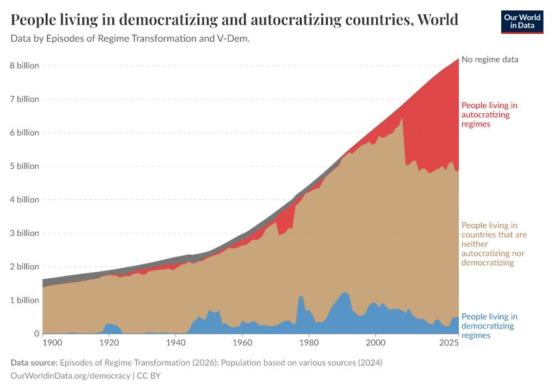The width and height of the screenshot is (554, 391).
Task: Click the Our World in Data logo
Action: [522, 22]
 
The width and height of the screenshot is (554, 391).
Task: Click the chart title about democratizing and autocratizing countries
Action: [234, 20]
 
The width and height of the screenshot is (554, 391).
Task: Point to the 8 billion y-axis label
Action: [24, 66]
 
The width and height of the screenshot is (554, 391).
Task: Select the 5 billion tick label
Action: [24, 166]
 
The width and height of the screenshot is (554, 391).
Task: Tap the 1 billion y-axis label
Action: [24, 300]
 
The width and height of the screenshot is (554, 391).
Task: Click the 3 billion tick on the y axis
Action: [24, 233]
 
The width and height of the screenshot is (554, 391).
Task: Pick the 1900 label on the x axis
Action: [52, 343]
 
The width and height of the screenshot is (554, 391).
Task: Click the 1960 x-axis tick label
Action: [242, 343]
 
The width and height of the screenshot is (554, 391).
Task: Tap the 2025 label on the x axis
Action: [448, 343]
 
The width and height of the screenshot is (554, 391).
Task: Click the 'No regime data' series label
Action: [489, 59]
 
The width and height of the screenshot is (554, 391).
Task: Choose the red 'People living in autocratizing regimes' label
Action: [489, 114]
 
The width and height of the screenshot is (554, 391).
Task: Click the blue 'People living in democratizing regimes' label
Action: [489, 326]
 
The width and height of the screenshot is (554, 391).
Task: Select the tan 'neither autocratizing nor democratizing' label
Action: [493, 244]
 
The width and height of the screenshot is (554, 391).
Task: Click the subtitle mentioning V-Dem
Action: [130, 38]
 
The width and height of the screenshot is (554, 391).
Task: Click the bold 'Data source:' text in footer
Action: [33, 362]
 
